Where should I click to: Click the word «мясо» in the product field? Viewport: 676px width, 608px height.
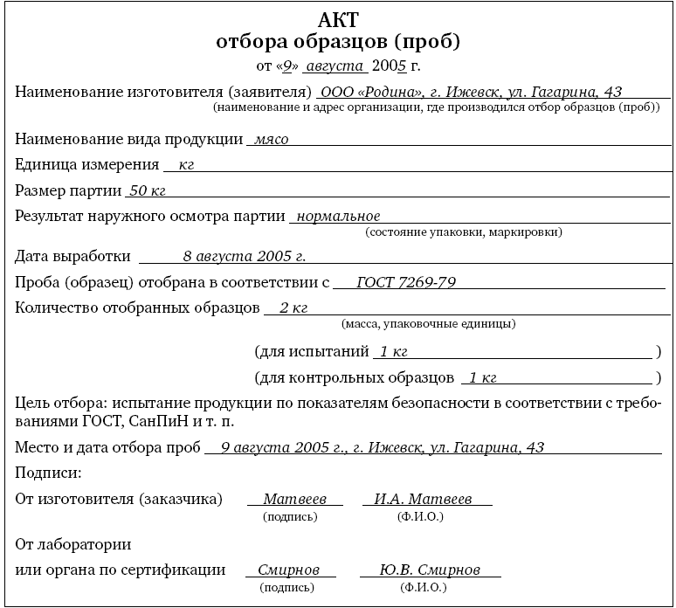(x=270, y=138)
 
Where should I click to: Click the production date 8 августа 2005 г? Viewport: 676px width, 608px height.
(x=244, y=257)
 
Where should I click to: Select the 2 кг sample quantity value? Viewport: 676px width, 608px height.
(x=293, y=307)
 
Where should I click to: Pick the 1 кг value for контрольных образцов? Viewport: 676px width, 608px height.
(x=482, y=377)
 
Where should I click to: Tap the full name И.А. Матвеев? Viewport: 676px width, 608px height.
(x=423, y=499)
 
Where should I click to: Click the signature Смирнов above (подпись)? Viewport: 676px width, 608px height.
(x=289, y=570)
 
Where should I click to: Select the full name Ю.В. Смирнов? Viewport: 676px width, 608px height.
(x=430, y=570)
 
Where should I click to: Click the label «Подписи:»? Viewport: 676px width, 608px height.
(x=49, y=473)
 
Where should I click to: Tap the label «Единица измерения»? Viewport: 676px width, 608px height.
(x=87, y=163)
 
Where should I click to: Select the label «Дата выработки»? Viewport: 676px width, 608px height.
(x=73, y=257)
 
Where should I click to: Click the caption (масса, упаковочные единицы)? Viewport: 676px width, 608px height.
(x=427, y=323)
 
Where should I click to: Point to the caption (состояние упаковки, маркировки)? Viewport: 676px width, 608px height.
(x=464, y=232)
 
